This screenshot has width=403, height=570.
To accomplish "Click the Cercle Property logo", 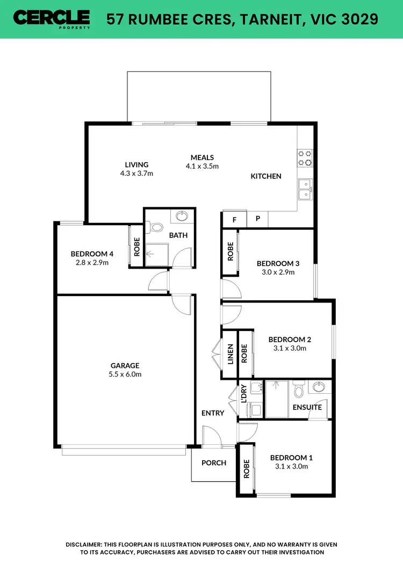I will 52,19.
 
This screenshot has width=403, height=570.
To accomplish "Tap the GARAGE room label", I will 125,366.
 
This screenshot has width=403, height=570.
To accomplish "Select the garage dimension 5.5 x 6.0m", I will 125,374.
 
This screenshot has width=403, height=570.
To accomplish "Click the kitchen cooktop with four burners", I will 306,157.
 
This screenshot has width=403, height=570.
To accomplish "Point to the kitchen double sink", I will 306,189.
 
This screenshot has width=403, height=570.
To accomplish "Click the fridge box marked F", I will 234,219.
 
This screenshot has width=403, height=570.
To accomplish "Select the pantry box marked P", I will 257,219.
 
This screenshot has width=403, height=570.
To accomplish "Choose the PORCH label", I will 214,463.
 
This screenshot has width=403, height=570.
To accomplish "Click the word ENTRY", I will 213,413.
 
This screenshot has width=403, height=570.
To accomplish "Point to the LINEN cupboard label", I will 230,354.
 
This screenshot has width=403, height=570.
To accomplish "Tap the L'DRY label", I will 243,394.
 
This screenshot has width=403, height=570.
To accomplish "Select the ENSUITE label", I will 308,407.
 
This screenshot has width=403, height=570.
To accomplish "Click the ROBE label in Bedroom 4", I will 137,246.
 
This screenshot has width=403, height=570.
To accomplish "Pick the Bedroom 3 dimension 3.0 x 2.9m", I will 278,272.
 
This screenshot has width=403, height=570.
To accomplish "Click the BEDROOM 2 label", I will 290,340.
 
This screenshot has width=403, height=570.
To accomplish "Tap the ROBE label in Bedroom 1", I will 247,468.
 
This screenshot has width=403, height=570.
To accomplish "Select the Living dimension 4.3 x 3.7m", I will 136,174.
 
